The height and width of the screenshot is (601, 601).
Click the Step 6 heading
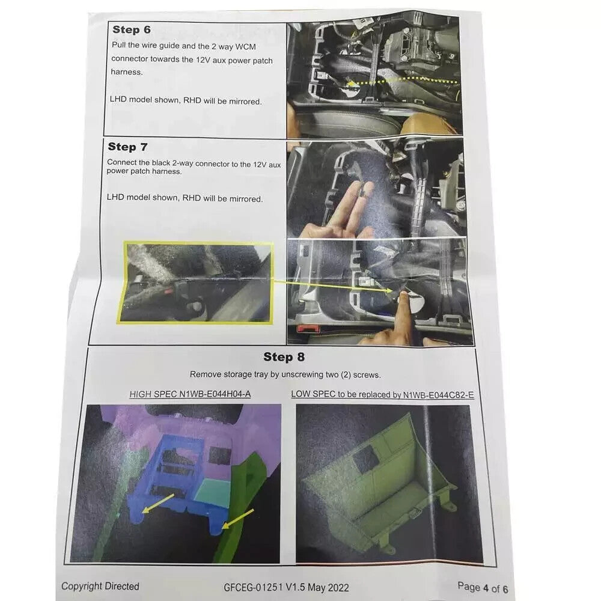pyautogui.click(x=132, y=29)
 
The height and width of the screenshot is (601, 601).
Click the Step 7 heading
pyautogui.click(x=127, y=147)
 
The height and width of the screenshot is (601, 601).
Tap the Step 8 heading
pyautogui.click(x=284, y=357)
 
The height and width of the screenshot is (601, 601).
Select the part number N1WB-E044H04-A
pyautogui.click(x=215, y=394)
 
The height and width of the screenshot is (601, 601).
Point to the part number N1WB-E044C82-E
pyautogui.click(x=438, y=395)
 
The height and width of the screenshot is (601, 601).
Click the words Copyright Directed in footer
pyautogui.click(x=100, y=586)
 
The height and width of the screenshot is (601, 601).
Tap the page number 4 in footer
pyautogui.click(x=486, y=588)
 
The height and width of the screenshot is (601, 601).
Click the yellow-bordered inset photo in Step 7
pyautogui.click(x=195, y=282)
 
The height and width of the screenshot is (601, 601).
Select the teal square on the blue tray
pyautogui.click(x=213, y=490)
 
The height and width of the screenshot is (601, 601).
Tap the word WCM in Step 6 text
pyautogui.click(x=245, y=47)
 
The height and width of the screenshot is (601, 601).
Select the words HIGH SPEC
pyautogui.click(x=153, y=394)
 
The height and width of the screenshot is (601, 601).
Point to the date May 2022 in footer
pyautogui.click(x=328, y=588)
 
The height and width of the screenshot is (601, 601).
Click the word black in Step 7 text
pyautogui.click(x=160, y=162)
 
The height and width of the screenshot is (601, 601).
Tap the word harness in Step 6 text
pyautogui.click(x=126, y=72)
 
